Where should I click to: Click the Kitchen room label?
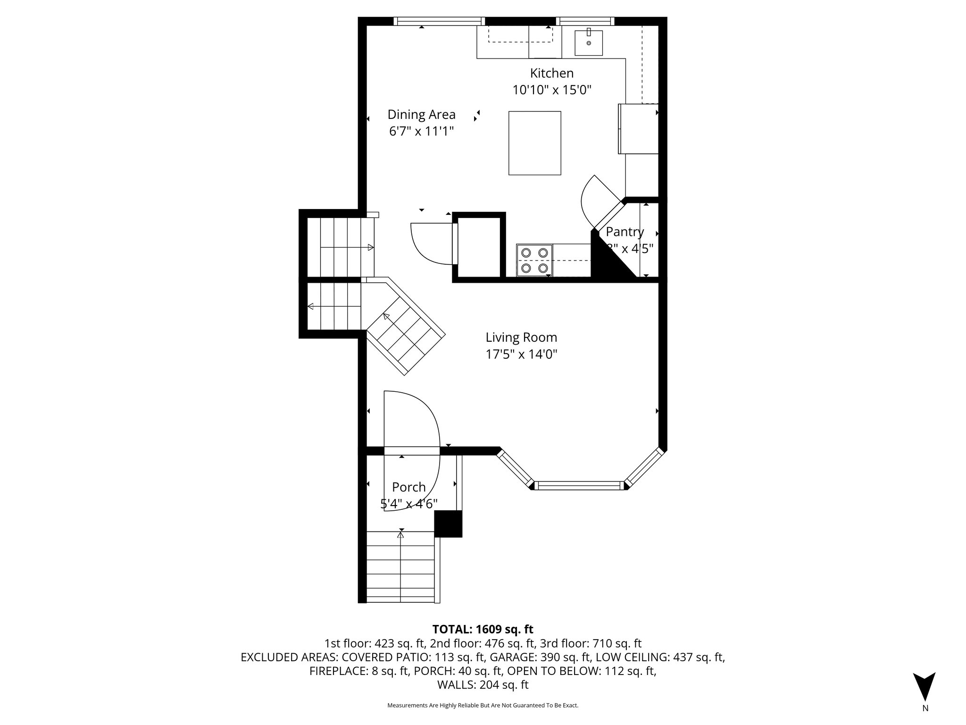pos(551,74)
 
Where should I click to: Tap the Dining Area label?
pos(421,115)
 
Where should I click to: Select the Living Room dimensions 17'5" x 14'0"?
pos(521,354)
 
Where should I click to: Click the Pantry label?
pos(625,232)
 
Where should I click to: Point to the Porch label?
pos(408,487)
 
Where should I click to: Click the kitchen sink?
pos(588,43)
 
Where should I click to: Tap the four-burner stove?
pos(534,260)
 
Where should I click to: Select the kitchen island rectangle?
pos(534,143)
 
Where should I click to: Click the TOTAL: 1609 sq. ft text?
pos(483,629)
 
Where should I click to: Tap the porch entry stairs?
pos(400,567)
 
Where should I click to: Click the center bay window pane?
pos(580,485)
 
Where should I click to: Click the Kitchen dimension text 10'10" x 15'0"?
pos(551,90)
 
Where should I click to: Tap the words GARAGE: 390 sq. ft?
pos(541,657)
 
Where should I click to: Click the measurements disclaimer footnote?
pos(483,706)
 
